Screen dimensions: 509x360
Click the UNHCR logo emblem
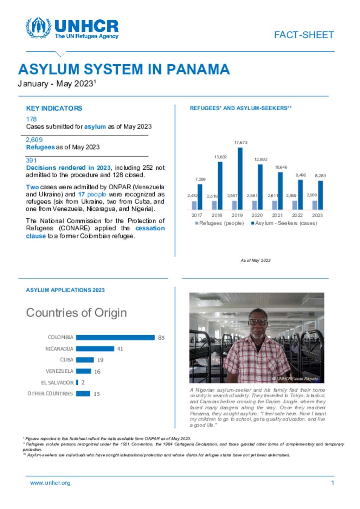[38, 27]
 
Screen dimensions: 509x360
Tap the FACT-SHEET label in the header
[304, 35]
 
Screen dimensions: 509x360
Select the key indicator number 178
[31, 119]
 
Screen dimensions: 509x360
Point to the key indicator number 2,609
[34, 139]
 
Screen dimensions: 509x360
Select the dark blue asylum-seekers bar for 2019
[240, 178]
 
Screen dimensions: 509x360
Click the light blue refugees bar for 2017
[194, 205]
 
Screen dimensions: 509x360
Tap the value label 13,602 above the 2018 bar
[220, 157]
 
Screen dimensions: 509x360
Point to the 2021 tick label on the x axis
[277, 215]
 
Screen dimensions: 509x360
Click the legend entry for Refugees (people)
[219, 223]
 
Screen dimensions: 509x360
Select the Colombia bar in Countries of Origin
[115, 338]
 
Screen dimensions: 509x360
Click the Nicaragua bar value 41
[120, 349]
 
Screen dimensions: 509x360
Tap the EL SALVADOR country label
[57, 383]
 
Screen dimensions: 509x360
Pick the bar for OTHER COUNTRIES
[83, 394]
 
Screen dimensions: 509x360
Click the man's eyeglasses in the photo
[258, 321]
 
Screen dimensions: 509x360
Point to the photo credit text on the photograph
[295, 379]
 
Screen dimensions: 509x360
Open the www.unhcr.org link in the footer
[50, 483]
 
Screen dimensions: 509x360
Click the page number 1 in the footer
[332, 483]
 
